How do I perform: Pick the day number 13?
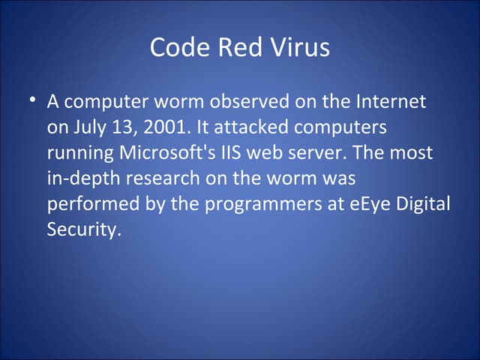pyautogui.click(x=127, y=127)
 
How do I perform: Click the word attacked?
pyautogui.click(x=250, y=127)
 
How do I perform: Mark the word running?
pyautogui.click(x=79, y=153)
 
